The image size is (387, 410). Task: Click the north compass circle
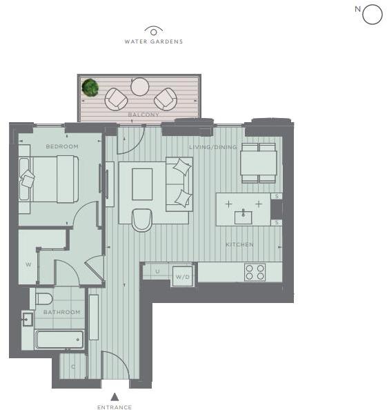click(372, 14)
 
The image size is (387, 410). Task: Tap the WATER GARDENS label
click(153, 41)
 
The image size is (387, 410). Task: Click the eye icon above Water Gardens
click(153, 30)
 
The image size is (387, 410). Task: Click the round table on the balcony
click(140, 86)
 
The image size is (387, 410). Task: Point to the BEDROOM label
click(62, 146)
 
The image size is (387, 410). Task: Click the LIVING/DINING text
click(213, 147)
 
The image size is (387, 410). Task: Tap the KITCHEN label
click(239, 245)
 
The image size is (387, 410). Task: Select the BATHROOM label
click(62, 312)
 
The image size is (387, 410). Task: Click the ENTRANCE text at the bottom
click(115, 407)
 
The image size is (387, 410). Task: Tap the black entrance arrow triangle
click(115, 396)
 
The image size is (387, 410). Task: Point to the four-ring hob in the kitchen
click(255, 272)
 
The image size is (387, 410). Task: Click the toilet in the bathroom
click(44, 299)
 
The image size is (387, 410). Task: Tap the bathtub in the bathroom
click(59, 340)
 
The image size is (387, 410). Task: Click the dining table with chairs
click(259, 163)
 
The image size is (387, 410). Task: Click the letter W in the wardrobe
click(28, 264)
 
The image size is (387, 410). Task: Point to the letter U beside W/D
click(157, 271)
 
